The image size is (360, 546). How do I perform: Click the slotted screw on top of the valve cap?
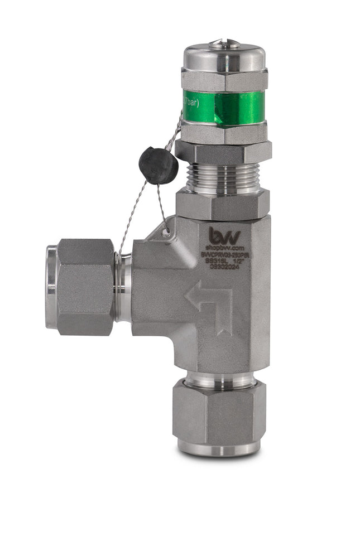[x=224, y=42]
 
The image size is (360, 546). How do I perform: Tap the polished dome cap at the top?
[x=224, y=57]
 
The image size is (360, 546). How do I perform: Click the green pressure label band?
[x=229, y=108]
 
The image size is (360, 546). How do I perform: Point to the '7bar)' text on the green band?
[x=191, y=103]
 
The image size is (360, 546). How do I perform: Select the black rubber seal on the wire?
[x=158, y=165]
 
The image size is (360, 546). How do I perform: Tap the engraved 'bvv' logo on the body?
[x=225, y=235]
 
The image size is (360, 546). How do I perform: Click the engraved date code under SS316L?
[x=223, y=267]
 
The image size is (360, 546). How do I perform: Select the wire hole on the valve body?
[x=166, y=230]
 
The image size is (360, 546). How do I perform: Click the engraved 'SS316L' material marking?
[x=214, y=260]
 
